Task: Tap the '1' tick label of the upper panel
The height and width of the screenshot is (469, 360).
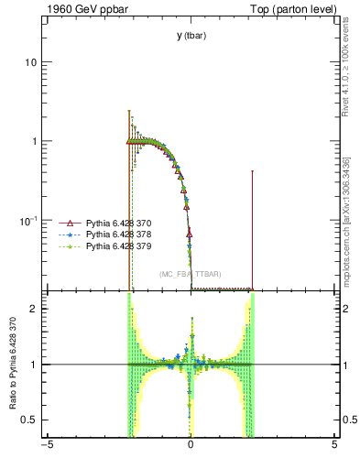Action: [33, 141]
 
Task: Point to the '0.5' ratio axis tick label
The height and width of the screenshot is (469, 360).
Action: [29, 420]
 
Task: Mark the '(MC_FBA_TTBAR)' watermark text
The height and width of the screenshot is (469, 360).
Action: [191, 274]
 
